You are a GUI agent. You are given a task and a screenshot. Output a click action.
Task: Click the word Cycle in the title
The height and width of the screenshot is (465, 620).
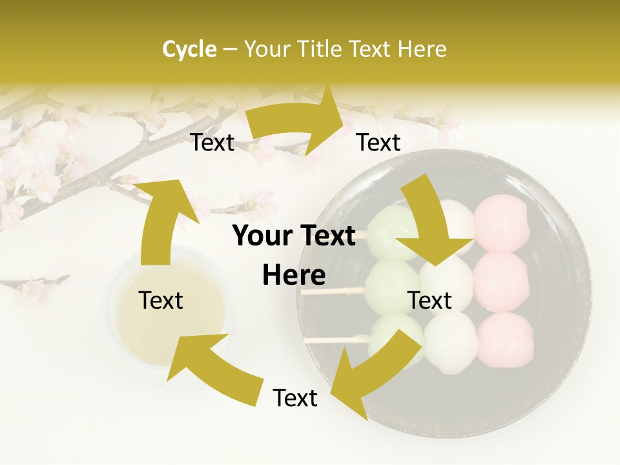(x=189, y=49)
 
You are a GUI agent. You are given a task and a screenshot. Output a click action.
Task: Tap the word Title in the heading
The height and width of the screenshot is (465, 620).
(x=322, y=49)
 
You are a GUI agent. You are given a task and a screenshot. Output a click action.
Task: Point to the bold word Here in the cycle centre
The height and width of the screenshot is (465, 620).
(x=294, y=276)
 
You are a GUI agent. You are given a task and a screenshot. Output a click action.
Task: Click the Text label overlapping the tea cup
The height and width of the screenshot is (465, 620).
(x=161, y=300)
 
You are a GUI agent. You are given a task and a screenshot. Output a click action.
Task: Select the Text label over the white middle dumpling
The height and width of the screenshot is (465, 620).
(x=429, y=300)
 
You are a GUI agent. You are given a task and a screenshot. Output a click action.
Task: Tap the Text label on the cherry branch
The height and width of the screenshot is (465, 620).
(x=212, y=142)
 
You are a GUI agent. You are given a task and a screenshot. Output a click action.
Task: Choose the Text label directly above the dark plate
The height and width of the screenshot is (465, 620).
(x=378, y=142)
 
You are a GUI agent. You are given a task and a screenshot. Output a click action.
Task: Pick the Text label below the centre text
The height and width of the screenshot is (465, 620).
(x=295, y=398)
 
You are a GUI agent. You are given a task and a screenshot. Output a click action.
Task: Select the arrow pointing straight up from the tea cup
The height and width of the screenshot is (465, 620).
(x=159, y=220)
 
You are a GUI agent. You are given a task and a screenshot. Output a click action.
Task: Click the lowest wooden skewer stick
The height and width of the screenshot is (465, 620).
(x=329, y=340)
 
